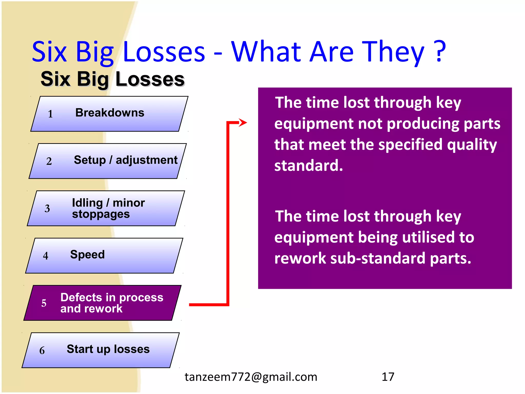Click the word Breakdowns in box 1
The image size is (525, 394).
(x=110, y=113)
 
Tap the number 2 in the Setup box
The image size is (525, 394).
(x=49, y=161)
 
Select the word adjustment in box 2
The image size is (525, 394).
(x=146, y=160)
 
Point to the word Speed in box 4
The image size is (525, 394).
(x=87, y=255)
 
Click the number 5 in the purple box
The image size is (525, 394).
(x=44, y=303)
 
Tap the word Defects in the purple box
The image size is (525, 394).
(x=81, y=298)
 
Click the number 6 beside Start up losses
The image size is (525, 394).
(x=42, y=351)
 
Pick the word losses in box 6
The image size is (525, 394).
(x=132, y=349)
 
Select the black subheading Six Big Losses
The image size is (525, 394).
(x=112, y=79)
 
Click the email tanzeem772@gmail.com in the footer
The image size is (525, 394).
(x=251, y=377)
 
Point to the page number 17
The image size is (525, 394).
(x=388, y=377)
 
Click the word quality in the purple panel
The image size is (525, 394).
(x=472, y=145)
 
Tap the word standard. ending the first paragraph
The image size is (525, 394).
(x=308, y=166)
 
